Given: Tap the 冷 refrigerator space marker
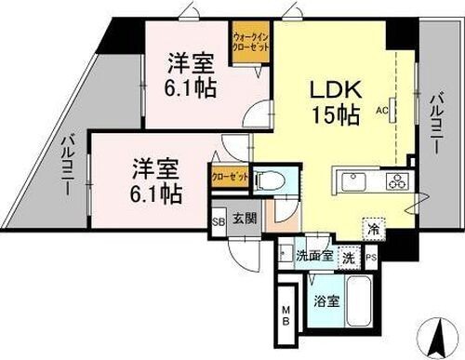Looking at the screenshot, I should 372,225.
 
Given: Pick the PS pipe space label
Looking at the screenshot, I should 371,257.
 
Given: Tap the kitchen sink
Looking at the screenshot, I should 357,179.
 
